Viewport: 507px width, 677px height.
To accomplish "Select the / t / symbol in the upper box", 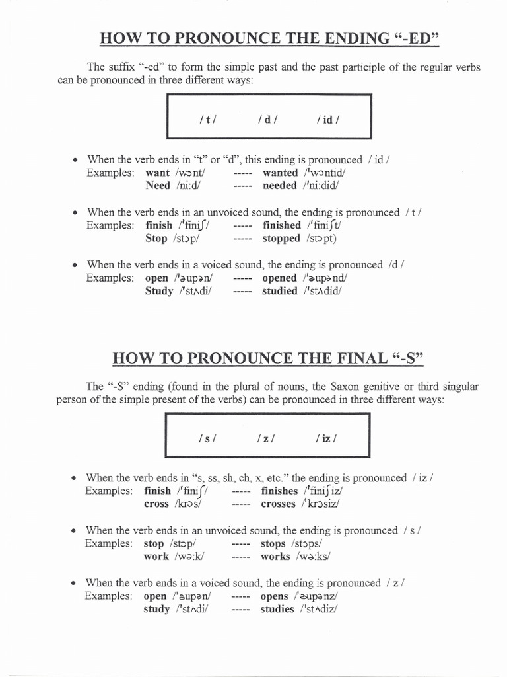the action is [207, 120].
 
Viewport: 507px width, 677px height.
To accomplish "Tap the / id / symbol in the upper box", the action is [328, 120].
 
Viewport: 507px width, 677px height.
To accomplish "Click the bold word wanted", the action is [281, 173].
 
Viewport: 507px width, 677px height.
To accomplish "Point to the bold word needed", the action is [280, 186].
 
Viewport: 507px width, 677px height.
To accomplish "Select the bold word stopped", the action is [281, 239].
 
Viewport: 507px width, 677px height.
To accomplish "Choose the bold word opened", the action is [280, 278].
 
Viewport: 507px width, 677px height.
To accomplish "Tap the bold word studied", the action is [280, 291].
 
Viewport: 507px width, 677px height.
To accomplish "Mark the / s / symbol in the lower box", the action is [207, 438].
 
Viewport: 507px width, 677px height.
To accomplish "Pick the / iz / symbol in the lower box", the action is [327, 438].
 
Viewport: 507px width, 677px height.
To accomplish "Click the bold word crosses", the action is [279, 504].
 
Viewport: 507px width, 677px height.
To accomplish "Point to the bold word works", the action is [275, 557].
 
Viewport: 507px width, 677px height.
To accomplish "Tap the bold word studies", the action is [277, 609].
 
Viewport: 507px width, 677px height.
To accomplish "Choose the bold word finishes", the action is [280, 491].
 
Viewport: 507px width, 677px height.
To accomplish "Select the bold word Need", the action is [158, 186].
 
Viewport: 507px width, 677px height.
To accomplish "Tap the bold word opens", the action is [275, 596].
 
